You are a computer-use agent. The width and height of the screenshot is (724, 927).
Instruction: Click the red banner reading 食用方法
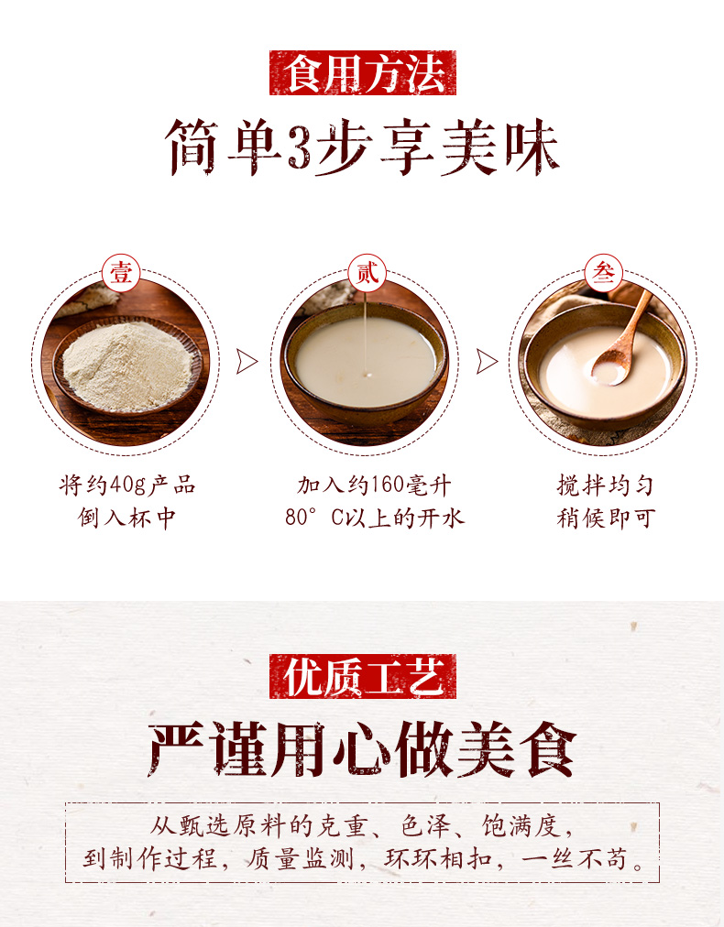coord(363,72)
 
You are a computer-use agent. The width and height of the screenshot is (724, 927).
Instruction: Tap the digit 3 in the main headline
coord(299,147)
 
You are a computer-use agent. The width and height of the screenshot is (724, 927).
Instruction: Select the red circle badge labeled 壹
coord(121,273)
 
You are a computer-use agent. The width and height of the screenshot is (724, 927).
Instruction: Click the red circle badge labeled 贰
coord(367,273)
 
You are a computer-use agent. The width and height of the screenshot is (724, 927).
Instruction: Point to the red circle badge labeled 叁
coord(603,273)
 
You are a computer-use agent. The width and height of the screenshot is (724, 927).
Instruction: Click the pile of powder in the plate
coord(127,365)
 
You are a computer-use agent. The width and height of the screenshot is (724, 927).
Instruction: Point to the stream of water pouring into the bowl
coord(367,334)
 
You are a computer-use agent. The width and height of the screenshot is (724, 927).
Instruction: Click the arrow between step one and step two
coord(247,361)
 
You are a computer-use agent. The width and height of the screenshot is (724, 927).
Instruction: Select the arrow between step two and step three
coord(487,361)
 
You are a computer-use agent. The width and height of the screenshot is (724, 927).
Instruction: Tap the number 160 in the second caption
coord(387,486)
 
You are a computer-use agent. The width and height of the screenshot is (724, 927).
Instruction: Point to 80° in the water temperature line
coord(302,518)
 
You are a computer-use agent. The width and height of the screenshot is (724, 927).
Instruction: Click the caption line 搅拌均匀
coord(605,486)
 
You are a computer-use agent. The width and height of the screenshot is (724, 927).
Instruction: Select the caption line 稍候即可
coord(605,518)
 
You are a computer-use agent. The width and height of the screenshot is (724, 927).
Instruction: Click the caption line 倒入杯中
coord(127,518)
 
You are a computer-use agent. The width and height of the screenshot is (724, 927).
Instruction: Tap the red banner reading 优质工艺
coord(363,676)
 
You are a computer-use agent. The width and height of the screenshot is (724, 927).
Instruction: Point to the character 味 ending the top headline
coord(532,147)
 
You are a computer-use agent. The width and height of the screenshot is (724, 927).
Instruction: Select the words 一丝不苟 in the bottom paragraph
coord(574,858)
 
